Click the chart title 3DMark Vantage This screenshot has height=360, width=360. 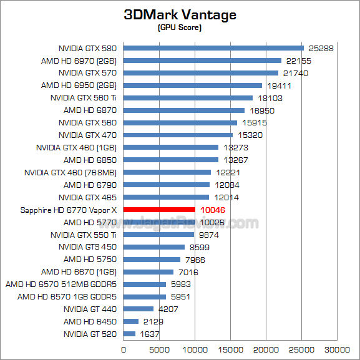point(180,15)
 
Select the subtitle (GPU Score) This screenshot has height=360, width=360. point(180,28)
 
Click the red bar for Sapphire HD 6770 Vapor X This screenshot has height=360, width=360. point(159,210)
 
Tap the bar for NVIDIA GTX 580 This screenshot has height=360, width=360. point(213,48)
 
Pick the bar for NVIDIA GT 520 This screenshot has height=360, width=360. point(129,334)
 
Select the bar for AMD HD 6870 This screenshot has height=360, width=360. point(183,110)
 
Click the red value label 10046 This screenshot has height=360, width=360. point(212,210)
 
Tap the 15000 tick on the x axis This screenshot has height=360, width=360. point(231,349)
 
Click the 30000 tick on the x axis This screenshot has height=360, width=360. point(339,349)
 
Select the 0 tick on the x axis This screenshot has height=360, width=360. point(124,349)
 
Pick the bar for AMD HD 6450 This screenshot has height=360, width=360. point(131,321)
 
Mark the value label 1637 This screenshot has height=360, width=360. point(150,334)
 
